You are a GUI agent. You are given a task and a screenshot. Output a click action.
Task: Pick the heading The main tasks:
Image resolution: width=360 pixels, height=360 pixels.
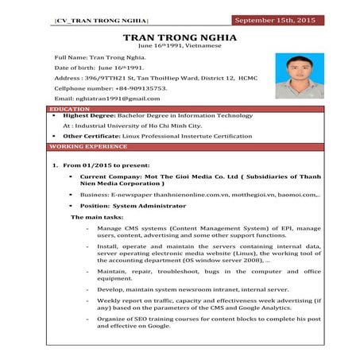[98, 216]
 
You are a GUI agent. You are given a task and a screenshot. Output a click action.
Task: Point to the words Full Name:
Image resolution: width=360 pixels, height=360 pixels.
[70, 58]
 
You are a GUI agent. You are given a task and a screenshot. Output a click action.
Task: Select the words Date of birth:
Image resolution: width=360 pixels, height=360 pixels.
[75, 68]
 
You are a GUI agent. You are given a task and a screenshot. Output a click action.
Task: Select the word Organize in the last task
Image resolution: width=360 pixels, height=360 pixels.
[113, 319]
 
